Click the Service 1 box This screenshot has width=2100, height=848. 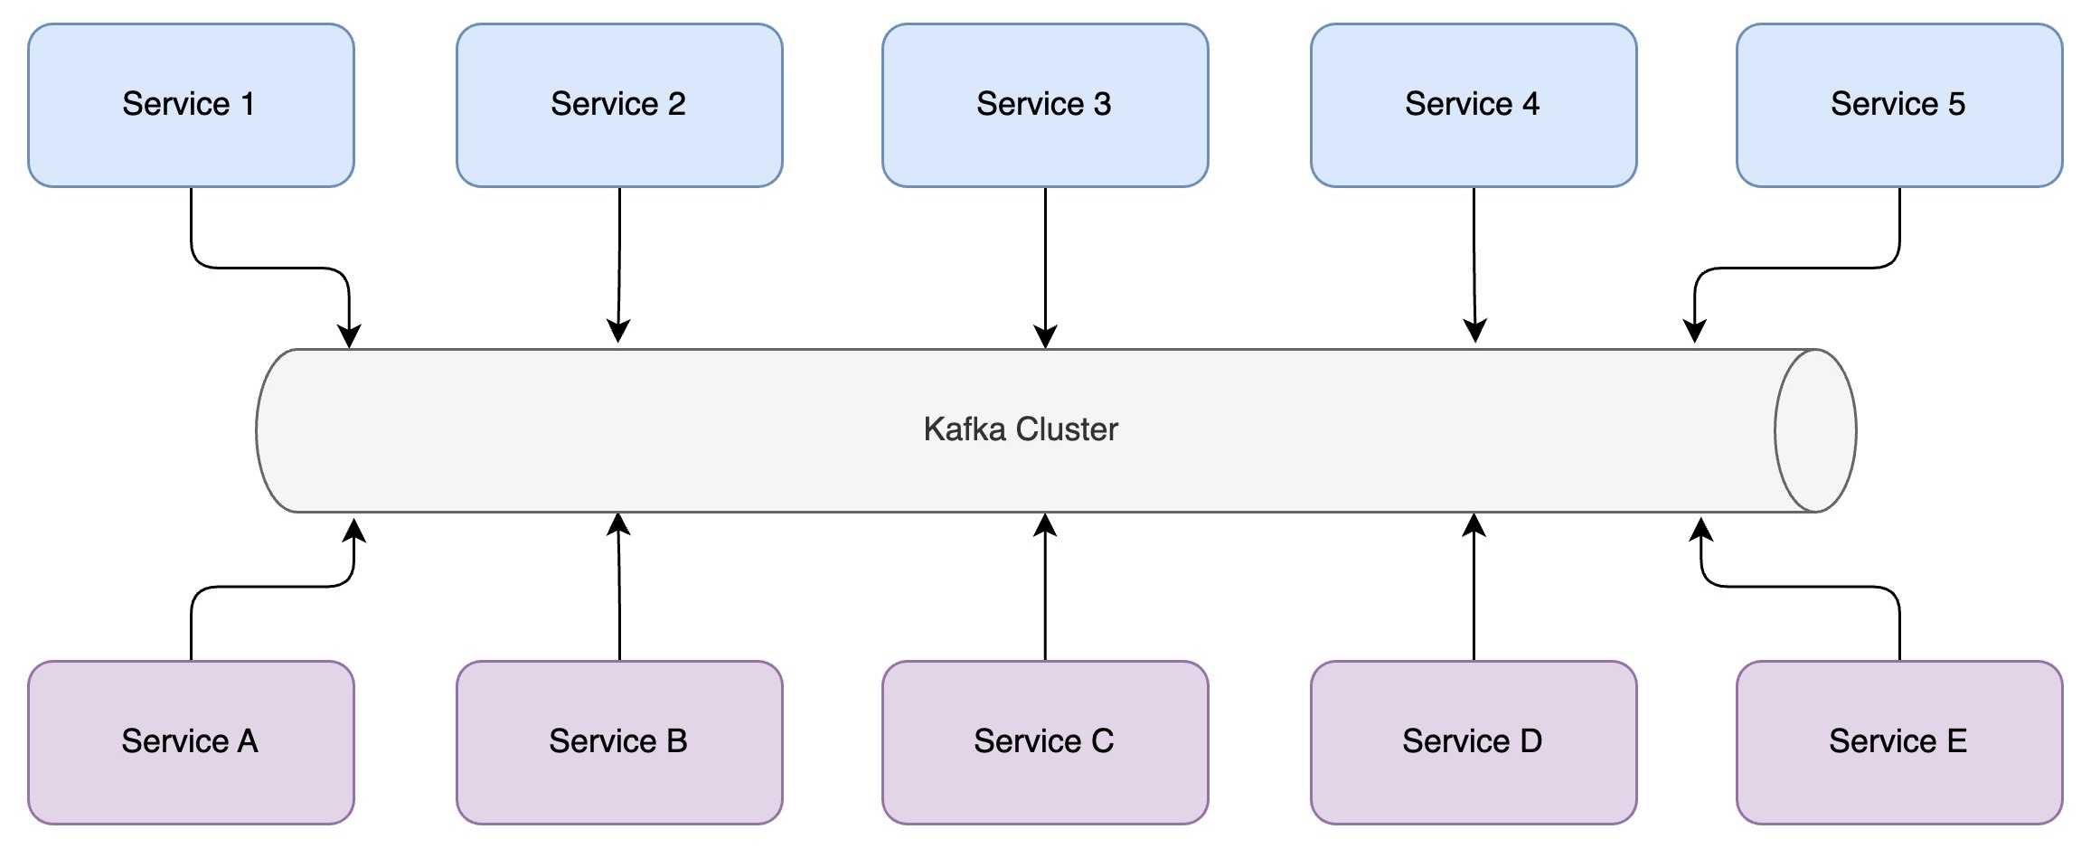[191, 105]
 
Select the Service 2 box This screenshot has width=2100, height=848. [619, 105]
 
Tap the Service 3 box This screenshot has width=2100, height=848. [1045, 105]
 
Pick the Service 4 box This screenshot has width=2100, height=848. [1474, 105]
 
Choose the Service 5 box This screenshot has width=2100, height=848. [1899, 105]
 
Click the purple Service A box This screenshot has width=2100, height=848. [191, 742]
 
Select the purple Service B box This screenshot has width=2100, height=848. [619, 742]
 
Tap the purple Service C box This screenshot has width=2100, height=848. [1045, 742]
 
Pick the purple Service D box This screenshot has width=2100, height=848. [1474, 742]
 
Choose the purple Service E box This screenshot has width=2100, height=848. [1899, 742]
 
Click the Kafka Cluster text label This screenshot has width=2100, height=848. [1021, 429]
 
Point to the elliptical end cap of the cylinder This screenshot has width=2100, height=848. [1815, 430]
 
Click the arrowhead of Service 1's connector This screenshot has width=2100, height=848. [349, 336]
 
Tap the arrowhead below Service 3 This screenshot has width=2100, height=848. [1045, 336]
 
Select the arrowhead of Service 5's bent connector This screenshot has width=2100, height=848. [1695, 332]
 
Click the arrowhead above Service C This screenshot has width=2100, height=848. [1045, 525]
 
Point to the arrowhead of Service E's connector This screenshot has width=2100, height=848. [1701, 530]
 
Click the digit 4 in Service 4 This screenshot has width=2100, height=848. [1530, 105]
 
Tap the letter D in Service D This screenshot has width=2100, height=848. [1530, 742]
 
